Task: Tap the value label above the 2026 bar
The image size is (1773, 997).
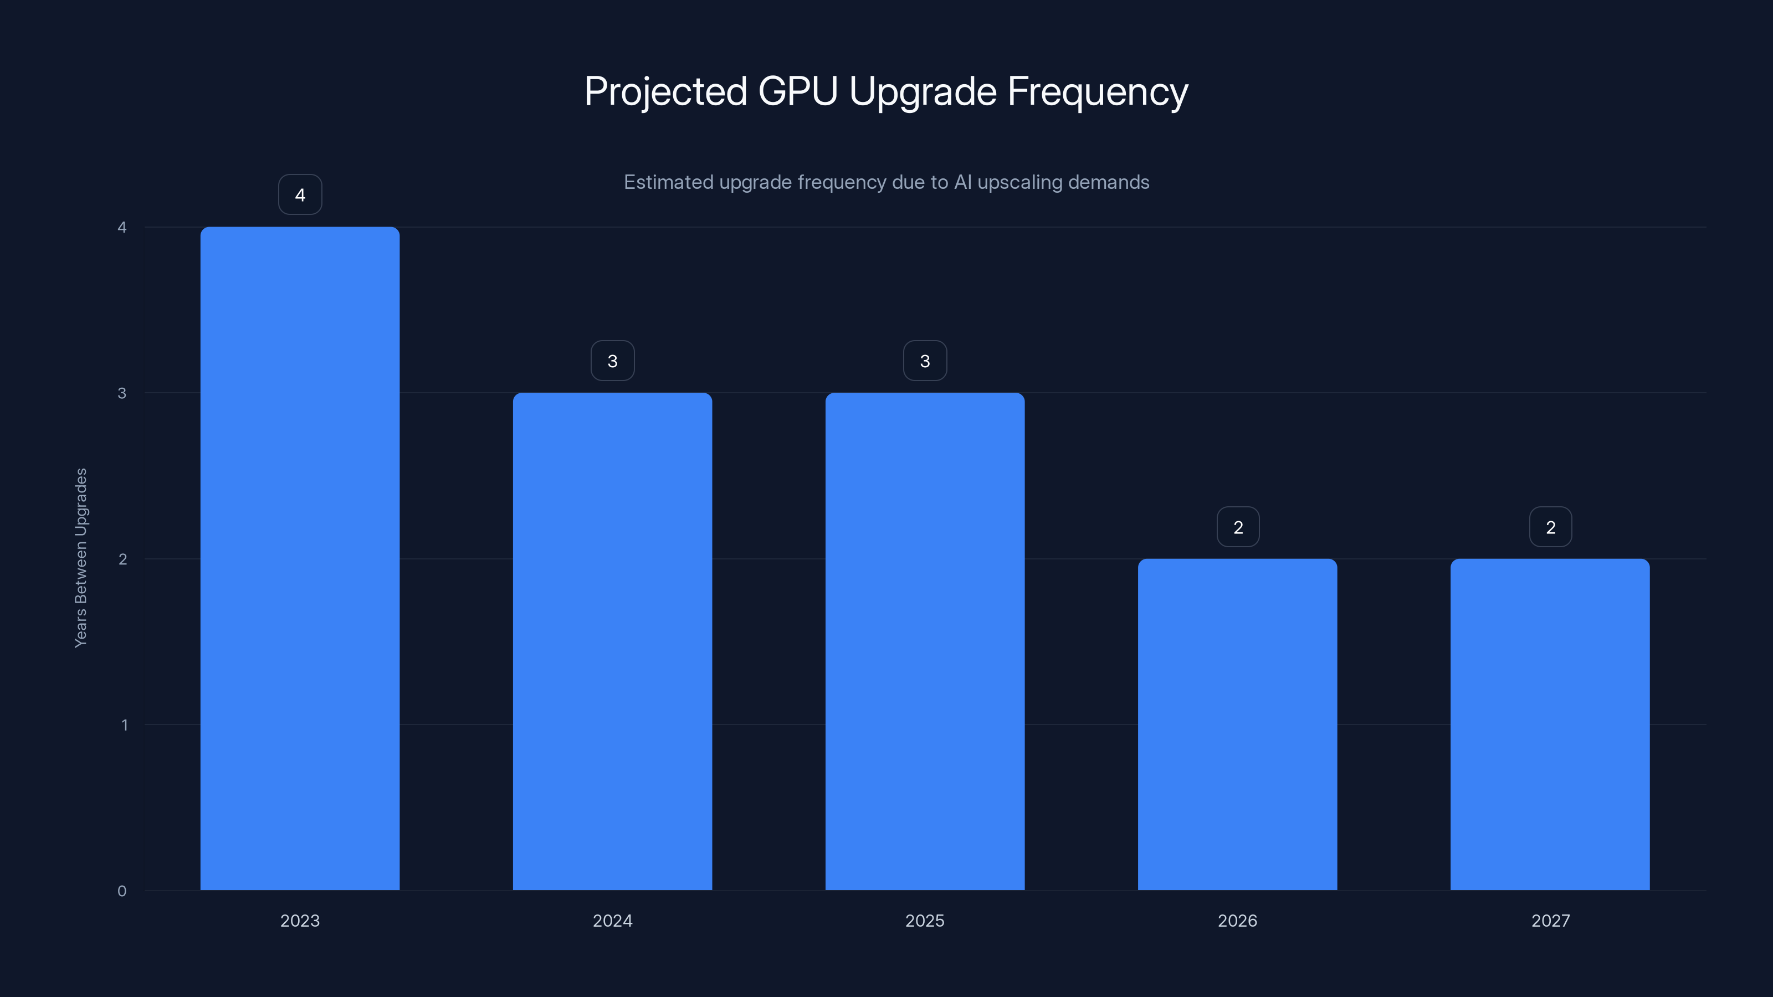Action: (x=1238, y=527)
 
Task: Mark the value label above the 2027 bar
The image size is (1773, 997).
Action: (x=1550, y=527)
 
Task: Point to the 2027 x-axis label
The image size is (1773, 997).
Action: (x=1550, y=921)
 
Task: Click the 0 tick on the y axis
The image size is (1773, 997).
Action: (x=122, y=891)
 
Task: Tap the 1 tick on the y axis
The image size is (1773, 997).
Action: (x=124, y=724)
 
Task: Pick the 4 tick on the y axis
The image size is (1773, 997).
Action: (x=122, y=227)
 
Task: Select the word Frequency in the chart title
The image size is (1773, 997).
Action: (x=1097, y=91)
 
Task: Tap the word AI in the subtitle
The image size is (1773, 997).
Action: (x=962, y=182)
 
